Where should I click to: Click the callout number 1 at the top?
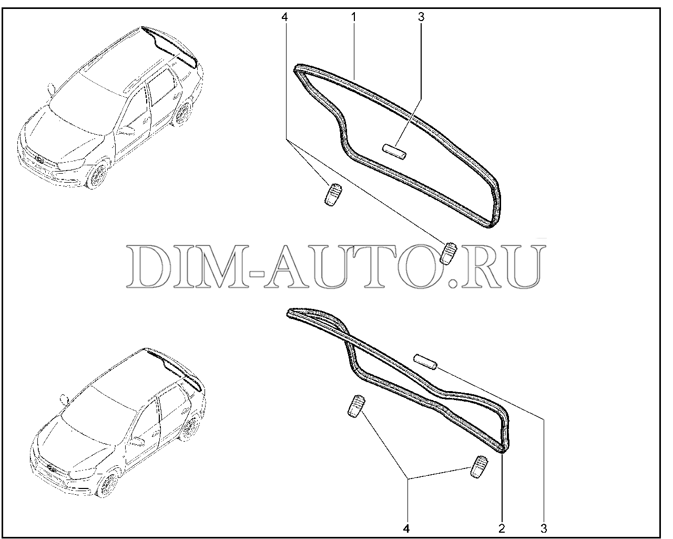(354, 17)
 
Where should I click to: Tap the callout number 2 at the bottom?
(502, 528)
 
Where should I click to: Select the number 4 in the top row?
(284, 17)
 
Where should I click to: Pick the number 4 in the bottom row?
(406, 528)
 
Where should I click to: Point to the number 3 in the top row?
(421, 17)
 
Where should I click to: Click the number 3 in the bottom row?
(544, 528)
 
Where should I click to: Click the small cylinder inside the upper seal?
(395, 152)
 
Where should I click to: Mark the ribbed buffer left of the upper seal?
(333, 194)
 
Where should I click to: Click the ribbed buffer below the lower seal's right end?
(479, 467)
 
